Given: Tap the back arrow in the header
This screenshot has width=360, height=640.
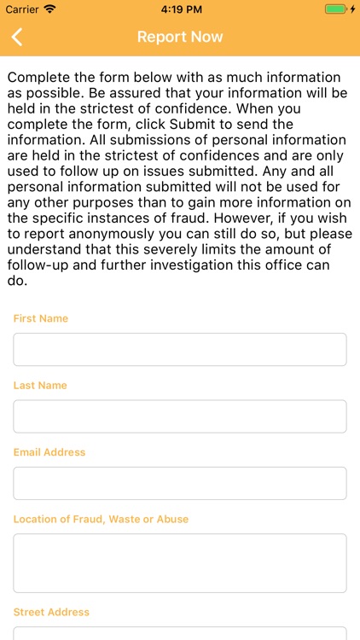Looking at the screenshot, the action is [17, 37].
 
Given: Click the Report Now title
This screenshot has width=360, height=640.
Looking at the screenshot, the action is [180, 37].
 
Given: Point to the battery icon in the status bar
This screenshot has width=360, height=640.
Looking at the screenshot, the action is [336, 9].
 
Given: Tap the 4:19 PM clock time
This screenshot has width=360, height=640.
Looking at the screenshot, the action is [179, 9].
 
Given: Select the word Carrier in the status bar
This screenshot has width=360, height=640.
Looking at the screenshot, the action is [22, 9].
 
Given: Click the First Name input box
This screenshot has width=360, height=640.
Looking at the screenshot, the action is [180, 349].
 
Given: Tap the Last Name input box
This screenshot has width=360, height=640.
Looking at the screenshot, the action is [180, 416].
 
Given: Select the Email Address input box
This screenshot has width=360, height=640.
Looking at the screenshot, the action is [180, 483].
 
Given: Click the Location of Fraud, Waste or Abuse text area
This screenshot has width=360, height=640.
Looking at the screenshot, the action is [180, 563].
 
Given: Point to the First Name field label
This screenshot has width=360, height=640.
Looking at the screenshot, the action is [41, 318].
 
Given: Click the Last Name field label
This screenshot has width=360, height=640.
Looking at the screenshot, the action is [40, 385].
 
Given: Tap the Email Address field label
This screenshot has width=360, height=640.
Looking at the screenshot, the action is [49, 452].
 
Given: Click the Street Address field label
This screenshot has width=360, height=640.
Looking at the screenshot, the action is [51, 612].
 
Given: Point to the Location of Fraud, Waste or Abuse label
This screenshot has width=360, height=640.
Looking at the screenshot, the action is [101, 519].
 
